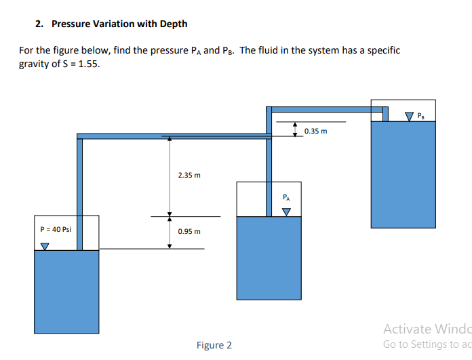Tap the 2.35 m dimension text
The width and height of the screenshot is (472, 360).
(189, 176)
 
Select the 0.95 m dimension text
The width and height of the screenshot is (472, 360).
(189, 232)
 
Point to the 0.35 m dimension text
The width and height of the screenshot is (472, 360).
(315, 131)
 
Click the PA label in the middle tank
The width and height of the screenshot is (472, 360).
(286, 198)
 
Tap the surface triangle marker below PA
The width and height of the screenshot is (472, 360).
(286, 211)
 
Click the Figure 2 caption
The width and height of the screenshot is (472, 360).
(214, 345)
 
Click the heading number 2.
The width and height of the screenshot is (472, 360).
(39, 24)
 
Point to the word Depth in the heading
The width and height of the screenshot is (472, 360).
(174, 24)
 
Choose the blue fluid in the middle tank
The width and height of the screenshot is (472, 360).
(269, 264)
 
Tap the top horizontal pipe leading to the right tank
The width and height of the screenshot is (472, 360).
(326, 108)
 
